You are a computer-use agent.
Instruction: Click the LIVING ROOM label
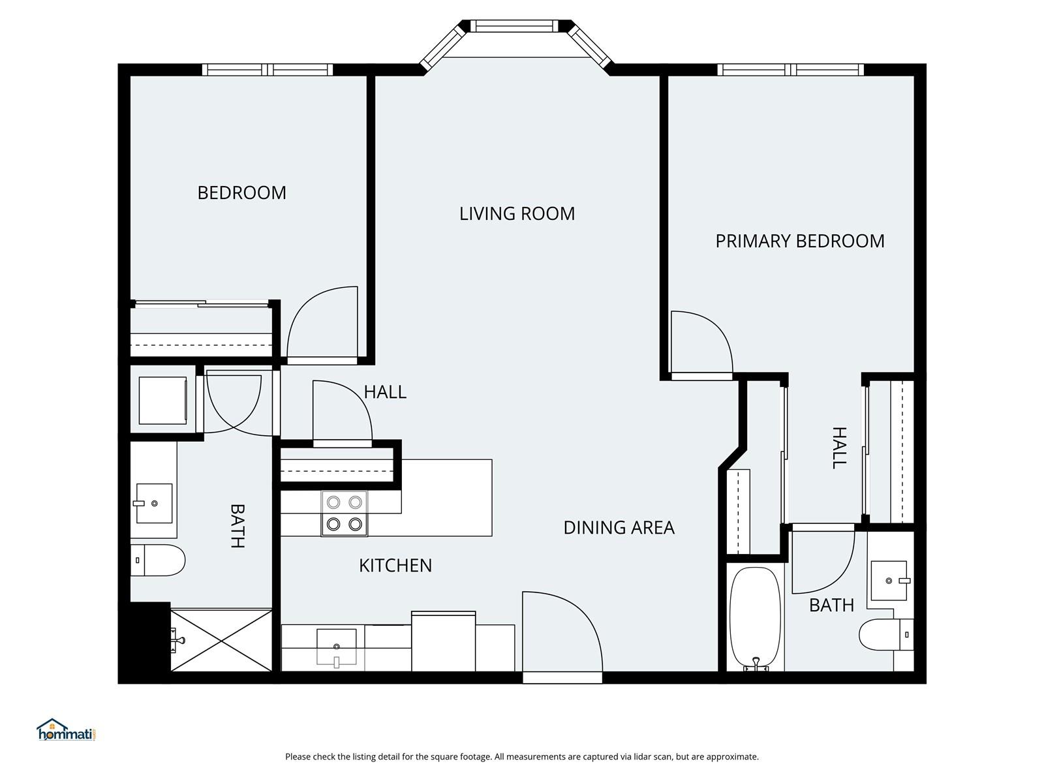pos(517,213)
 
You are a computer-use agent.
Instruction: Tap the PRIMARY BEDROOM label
pos(800,241)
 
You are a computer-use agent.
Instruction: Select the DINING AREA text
pos(619,527)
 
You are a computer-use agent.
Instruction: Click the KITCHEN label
pos(395,565)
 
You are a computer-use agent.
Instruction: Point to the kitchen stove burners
pos(345,513)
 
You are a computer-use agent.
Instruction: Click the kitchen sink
pos(337,646)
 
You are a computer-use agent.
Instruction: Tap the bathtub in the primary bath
pos(755,617)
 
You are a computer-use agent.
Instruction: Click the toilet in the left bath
pos(159,560)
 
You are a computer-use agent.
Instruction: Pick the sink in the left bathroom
pos(154,503)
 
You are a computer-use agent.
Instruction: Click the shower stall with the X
pos(221,640)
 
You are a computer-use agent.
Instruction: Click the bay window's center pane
pos(515,26)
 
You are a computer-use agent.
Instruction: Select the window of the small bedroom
pos(268,70)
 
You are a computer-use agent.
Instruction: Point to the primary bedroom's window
pos(790,70)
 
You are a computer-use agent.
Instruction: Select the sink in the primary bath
pos(889,580)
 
